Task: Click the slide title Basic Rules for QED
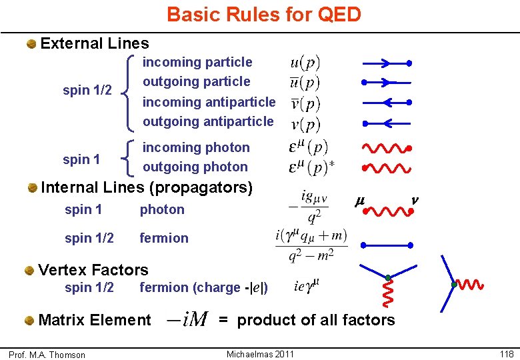(x=263, y=14)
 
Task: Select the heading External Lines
(x=95, y=44)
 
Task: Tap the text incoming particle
(x=197, y=62)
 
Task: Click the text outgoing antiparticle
(x=208, y=121)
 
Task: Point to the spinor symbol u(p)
(x=305, y=63)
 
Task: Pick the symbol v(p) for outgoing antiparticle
(x=305, y=124)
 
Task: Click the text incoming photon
(x=196, y=147)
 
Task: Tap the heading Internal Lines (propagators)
(x=147, y=187)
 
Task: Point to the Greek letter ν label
(x=414, y=199)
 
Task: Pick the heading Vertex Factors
(x=93, y=270)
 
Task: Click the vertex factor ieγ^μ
(x=307, y=287)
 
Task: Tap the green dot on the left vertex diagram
(x=387, y=277)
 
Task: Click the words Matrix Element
(x=95, y=320)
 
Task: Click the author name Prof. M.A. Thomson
(x=47, y=355)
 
